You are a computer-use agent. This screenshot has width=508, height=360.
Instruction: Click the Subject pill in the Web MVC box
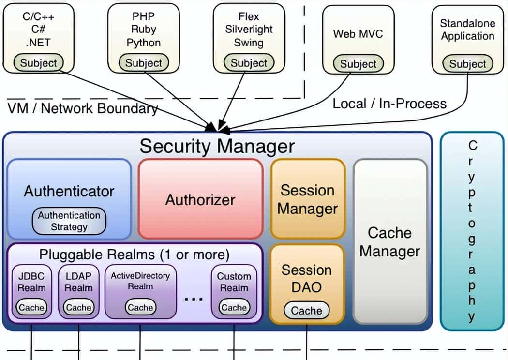coord(358,64)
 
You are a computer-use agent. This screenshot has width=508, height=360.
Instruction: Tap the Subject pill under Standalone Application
coord(467,64)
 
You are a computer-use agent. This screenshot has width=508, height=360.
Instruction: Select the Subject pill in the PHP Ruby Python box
coord(144,63)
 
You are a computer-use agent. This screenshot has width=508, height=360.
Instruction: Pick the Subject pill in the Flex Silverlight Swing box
coord(249,63)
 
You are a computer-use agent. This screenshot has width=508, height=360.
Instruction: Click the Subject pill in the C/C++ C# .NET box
coord(39,63)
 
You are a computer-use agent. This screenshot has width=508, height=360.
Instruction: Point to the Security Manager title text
coord(217,146)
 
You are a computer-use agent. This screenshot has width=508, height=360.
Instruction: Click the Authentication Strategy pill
coord(69,221)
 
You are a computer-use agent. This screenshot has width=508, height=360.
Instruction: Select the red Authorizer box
coord(200,199)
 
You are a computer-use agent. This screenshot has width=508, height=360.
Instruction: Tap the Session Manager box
coord(307,199)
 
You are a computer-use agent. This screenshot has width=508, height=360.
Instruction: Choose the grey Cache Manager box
coord(389,242)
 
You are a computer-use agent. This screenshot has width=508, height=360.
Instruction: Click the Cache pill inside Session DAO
coord(307,311)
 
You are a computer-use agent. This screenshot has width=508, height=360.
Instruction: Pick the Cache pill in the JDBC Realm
coord(31,307)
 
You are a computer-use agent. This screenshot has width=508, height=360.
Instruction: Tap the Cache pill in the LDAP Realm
coord(78,307)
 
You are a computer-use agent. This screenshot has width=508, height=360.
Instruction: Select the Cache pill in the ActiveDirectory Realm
coord(140,307)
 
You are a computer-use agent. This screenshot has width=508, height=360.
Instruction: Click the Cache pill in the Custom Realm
coord(234,307)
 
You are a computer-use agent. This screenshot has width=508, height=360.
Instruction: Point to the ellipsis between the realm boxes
coord(194,299)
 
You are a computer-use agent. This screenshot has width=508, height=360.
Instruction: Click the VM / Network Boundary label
coord(83,108)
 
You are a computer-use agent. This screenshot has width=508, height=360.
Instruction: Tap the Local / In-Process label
coord(389,103)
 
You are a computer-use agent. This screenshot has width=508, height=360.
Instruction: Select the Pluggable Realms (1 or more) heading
coord(134,254)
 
